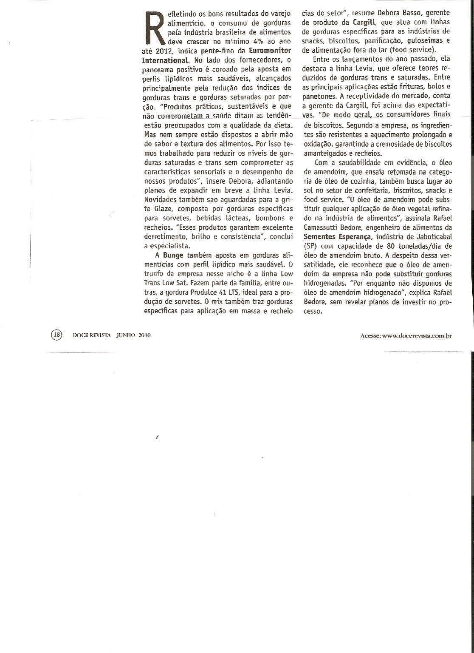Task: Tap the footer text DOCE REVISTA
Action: [x=92, y=335]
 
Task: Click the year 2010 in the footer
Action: [x=145, y=335]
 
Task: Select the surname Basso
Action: [x=404, y=13]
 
